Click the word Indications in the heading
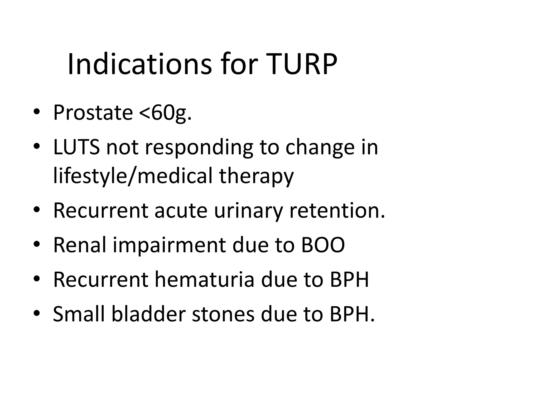pos(139,64)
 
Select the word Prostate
pos(93,113)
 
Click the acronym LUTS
pos(76,147)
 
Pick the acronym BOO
pos(323,245)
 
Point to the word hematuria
pos(204,279)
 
